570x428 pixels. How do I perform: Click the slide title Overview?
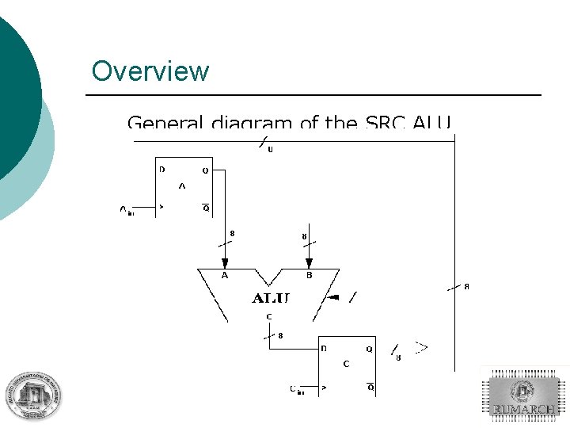coord(150,71)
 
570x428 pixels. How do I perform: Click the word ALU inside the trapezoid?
coord(271,298)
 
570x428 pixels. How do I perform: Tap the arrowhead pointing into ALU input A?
coord(225,263)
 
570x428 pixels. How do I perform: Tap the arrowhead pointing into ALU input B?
coord(309,263)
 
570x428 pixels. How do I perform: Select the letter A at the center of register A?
coord(182,187)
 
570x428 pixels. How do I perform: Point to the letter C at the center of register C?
coord(346,365)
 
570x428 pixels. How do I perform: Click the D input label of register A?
coord(162,170)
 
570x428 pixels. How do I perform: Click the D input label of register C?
coord(324,348)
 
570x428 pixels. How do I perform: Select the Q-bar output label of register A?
coord(206,208)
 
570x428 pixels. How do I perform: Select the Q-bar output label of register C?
coord(370,388)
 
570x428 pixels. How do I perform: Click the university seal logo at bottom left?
coord(34,394)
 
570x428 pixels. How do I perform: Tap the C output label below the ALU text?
coord(269,317)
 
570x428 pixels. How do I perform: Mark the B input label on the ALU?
coord(310,276)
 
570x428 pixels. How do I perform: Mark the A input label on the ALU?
coord(225,276)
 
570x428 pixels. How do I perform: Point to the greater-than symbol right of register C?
coord(422,347)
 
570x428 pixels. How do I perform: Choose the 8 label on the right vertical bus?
coord(466,286)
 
